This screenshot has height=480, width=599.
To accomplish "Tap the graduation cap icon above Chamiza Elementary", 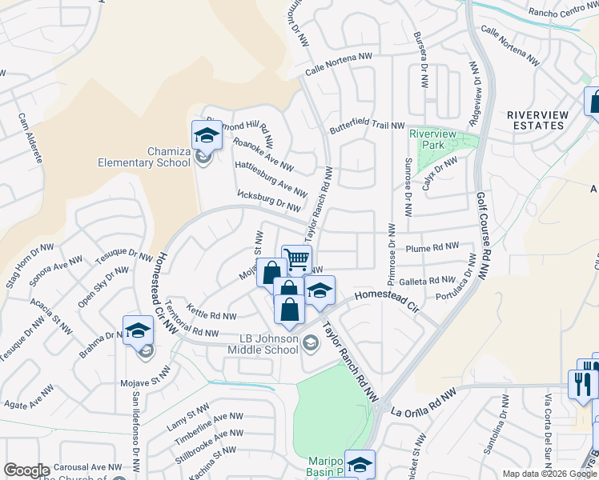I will pos(206,134).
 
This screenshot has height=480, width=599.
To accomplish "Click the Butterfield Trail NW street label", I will pos(367,127).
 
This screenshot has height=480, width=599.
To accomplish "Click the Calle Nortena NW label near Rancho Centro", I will pos(509,43).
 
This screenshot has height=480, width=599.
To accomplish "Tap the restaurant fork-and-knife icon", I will pos(581,383).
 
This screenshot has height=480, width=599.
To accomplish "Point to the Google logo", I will pos(26,470).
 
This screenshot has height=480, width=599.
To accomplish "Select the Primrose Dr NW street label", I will pos(392,258).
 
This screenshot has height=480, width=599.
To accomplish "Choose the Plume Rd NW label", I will pos(432,248).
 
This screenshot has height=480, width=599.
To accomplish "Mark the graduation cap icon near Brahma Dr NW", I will pos(138,330).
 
